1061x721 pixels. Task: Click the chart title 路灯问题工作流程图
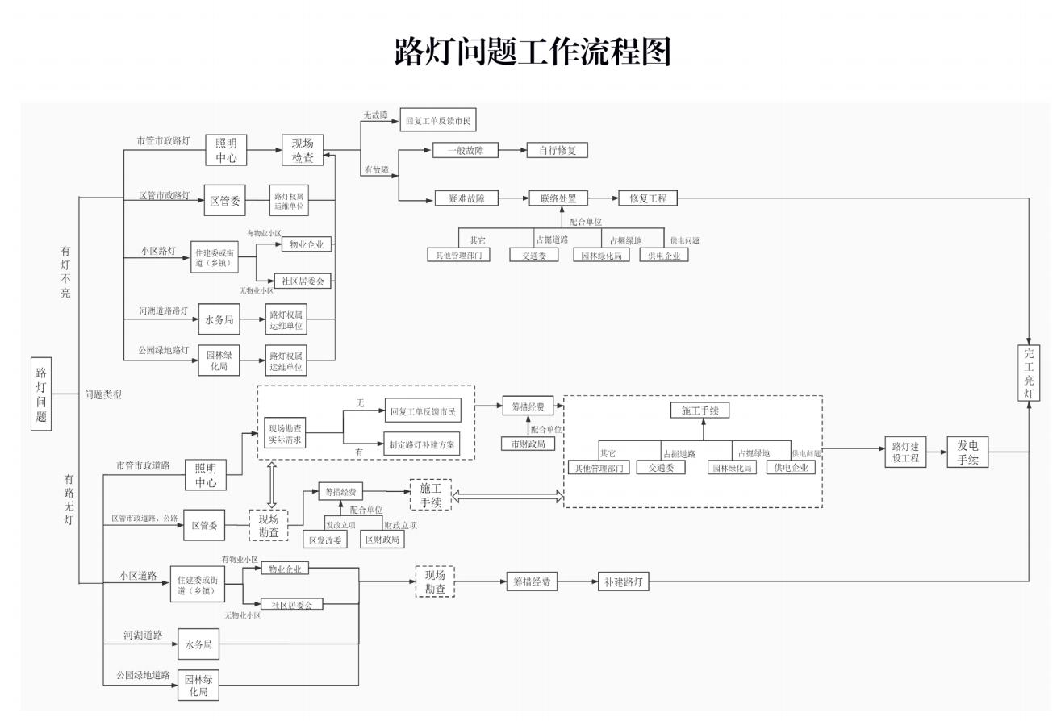pyautogui.click(x=532, y=52)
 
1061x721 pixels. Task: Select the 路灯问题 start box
pyautogui.click(x=41, y=394)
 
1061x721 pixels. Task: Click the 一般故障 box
pyautogui.click(x=465, y=150)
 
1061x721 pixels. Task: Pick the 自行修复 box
pyautogui.click(x=558, y=150)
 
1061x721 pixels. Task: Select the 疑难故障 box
pyautogui.click(x=466, y=198)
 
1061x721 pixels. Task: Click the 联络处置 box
pyautogui.click(x=558, y=198)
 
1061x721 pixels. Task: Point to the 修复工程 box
pyautogui.click(x=648, y=198)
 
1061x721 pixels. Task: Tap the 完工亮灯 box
pyautogui.click(x=1028, y=372)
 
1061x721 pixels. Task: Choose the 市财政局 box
pyautogui.click(x=528, y=444)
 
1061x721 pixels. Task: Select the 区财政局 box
pyautogui.click(x=382, y=539)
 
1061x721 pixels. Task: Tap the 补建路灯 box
pyautogui.click(x=624, y=581)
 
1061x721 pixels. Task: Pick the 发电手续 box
pyautogui.click(x=967, y=452)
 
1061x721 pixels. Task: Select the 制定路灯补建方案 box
pyautogui.click(x=421, y=444)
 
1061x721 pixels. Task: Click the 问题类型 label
pyautogui.click(x=103, y=395)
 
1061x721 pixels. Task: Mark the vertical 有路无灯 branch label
pyautogui.click(x=69, y=499)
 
